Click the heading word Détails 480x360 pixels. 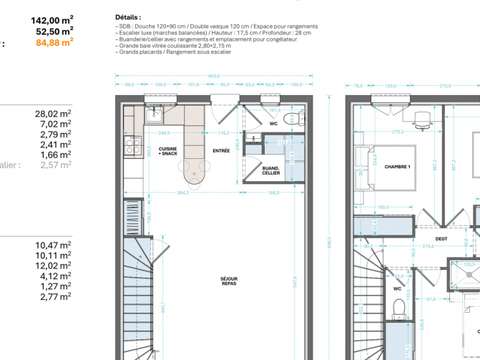(128, 18)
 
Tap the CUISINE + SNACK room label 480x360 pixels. (169, 151)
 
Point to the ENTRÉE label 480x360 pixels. (221, 151)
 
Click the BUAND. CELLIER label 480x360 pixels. (271, 170)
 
